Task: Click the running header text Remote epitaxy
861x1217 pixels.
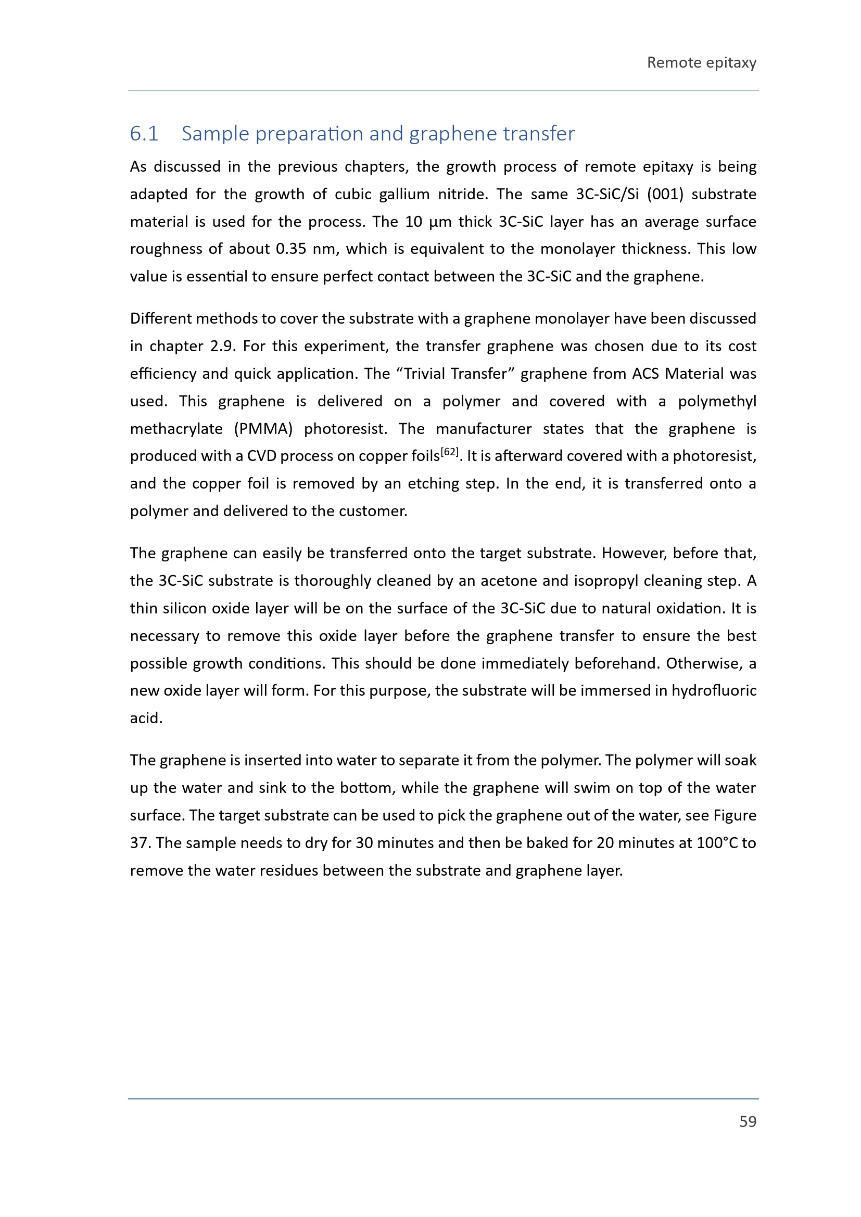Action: [701, 62]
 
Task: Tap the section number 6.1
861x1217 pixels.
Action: [144, 134]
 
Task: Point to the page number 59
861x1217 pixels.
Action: [748, 1122]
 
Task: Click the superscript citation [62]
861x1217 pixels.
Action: [450, 452]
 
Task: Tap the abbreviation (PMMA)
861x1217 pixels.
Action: [263, 428]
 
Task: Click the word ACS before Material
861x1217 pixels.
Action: [644, 374]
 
